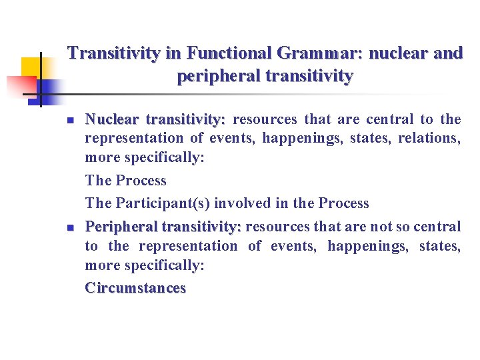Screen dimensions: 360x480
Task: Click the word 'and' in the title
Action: coord(448,53)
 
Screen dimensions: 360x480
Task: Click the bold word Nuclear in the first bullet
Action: coord(112,120)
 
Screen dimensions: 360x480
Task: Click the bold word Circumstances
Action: coord(135,289)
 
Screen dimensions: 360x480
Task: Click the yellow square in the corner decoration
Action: coord(32,67)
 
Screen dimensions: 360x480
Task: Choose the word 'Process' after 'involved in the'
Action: coord(343,203)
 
